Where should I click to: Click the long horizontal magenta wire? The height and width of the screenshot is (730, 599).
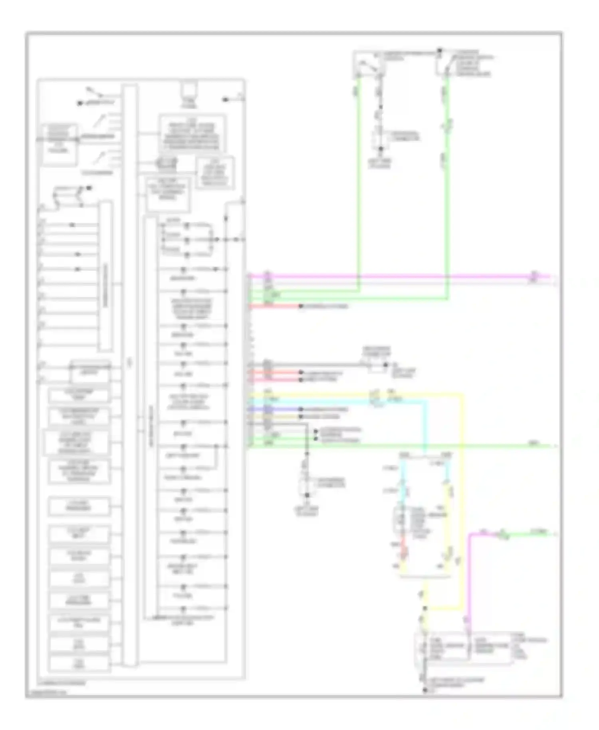pos(399,276)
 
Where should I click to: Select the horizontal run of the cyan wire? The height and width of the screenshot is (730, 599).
pos(339,401)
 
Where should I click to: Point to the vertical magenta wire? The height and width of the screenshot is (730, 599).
pos(470,579)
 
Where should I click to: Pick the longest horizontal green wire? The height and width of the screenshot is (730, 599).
pos(399,446)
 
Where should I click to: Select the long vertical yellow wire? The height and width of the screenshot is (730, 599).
pos(463,499)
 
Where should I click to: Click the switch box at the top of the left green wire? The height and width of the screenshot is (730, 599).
pos(368,64)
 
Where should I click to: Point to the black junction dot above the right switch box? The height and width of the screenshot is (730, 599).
pos(439,51)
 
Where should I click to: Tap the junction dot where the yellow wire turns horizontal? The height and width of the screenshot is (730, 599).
pos(425,608)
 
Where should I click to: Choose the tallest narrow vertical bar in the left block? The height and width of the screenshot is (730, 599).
pos(129,375)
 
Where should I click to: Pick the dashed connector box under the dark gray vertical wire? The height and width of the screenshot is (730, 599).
pos(307,484)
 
